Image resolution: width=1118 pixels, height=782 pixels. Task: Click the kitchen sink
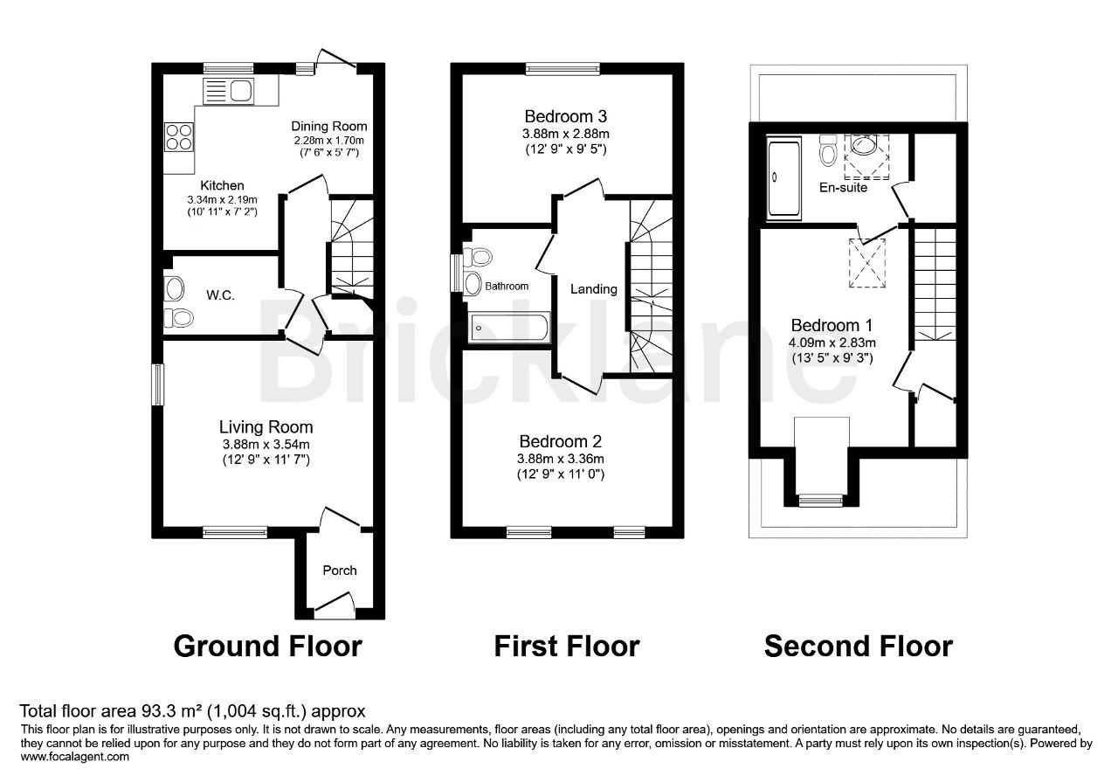(x=227, y=91)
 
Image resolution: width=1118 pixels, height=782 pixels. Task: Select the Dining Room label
(x=328, y=127)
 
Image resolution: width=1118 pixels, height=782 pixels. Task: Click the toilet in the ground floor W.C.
(x=182, y=318)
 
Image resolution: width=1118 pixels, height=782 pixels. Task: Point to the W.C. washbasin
(x=173, y=288)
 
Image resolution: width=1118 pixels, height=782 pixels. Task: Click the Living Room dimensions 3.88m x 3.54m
(x=266, y=444)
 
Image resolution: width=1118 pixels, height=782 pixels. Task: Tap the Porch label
(x=340, y=571)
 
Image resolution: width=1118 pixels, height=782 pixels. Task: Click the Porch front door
(x=335, y=606)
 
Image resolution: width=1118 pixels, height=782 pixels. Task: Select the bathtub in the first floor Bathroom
(x=508, y=329)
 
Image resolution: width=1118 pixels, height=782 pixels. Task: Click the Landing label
(x=594, y=289)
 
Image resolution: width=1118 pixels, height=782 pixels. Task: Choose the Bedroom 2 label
(x=560, y=441)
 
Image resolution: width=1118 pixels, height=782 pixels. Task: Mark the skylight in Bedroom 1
(x=868, y=262)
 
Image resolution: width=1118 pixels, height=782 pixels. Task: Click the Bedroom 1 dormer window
(x=821, y=501)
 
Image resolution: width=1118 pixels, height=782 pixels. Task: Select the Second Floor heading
(x=858, y=647)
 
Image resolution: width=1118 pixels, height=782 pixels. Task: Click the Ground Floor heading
(x=267, y=647)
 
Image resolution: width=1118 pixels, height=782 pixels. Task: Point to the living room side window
(x=158, y=384)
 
